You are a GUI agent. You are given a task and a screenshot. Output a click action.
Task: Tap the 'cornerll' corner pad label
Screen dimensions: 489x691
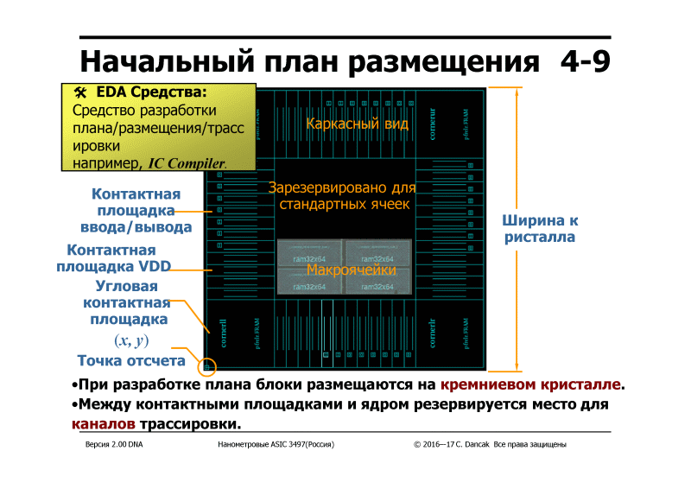(x=225, y=333)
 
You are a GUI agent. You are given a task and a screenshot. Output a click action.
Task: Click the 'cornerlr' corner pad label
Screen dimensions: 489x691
(x=433, y=333)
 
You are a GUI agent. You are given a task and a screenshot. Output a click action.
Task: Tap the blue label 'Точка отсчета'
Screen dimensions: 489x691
(x=131, y=361)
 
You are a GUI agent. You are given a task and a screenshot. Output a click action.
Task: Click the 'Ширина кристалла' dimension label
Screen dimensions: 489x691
(x=540, y=228)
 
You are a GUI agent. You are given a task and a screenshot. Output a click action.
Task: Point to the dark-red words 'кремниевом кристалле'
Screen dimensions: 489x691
(x=530, y=384)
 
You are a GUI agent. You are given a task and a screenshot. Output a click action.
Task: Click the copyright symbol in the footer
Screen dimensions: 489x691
(x=417, y=444)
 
